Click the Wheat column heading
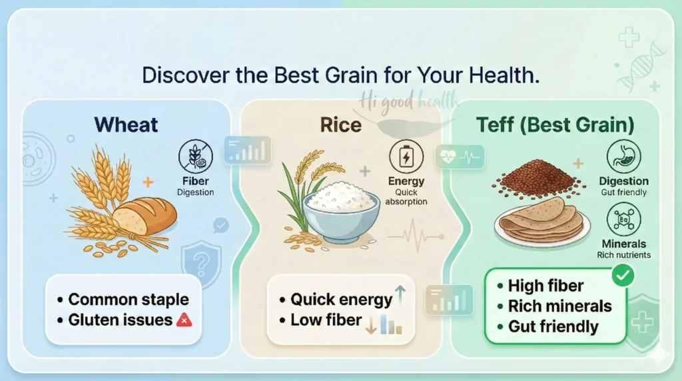coord(126,125)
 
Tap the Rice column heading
coord(340,125)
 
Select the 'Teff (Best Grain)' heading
coord(554,125)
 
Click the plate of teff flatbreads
coord(541,220)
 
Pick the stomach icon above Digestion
coord(623,157)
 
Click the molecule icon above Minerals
coord(624,220)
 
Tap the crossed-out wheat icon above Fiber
coord(196,158)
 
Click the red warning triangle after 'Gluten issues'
coord(184,320)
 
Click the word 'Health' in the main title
coord(495,75)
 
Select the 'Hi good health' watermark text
coord(410,101)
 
